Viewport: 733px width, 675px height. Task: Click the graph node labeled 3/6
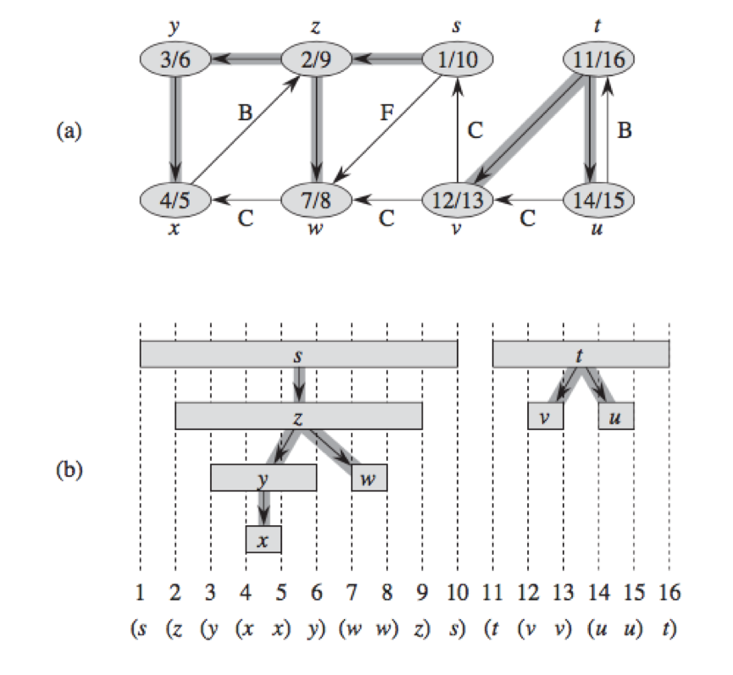(175, 59)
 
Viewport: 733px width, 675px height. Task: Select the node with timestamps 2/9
(316, 59)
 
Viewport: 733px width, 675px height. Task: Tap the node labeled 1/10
(458, 59)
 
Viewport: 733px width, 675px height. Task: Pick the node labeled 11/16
(599, 59)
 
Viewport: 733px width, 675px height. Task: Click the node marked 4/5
(175, 201)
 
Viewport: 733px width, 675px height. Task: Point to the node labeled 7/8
(316, 201)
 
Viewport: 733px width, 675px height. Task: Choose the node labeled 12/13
(458, 201)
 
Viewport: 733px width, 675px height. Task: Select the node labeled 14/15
(599, 201)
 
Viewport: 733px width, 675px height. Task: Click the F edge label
(387, 113)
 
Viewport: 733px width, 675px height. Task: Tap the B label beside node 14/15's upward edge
(625, 130)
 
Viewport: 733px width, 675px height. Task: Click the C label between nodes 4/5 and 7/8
(246, 219)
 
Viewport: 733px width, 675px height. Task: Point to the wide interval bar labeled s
(299, 354)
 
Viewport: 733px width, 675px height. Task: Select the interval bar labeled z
(299, 416)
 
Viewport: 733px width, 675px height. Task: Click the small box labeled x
(264, 539)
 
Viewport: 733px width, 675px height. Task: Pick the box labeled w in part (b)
(369, 478)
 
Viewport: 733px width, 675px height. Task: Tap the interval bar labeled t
(581, 354)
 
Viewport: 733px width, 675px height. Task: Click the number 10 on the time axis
(458, 592)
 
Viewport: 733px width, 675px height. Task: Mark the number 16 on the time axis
(669, 592)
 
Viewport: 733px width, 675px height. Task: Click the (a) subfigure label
(69, 130)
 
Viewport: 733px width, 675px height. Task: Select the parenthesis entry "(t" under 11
(491, 628)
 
